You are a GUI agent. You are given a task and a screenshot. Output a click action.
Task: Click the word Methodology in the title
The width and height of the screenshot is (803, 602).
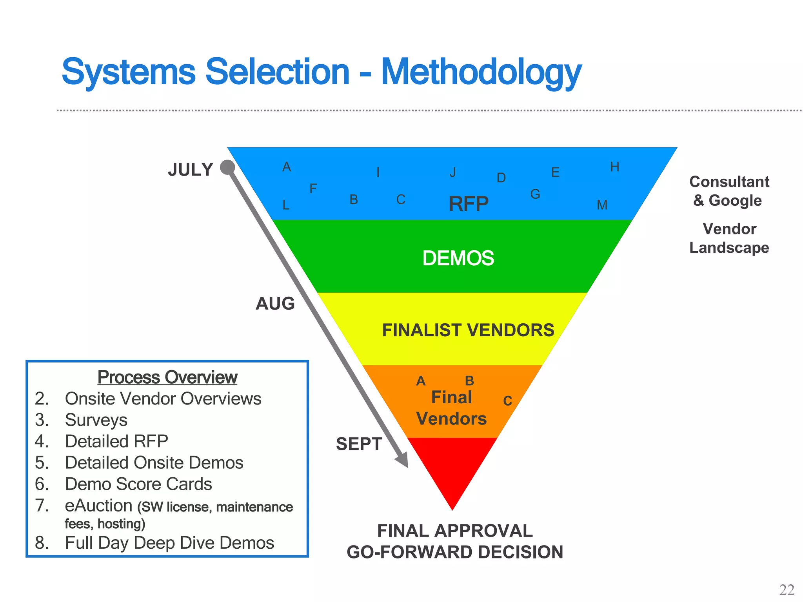coord(481,73)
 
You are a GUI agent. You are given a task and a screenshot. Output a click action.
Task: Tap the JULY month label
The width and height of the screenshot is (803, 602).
coord(191,170)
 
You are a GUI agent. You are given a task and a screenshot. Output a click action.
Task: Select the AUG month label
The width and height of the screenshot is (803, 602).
coord(275,304)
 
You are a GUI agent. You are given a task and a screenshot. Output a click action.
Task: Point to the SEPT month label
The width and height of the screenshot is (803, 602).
coord(359,444)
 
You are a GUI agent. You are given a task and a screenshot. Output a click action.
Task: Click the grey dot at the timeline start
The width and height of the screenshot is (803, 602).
coord(227,167)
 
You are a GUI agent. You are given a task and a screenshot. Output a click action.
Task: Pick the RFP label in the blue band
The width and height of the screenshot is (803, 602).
coord(469,204)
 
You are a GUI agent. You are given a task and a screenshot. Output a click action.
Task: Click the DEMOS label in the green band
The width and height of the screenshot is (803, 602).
coord(458,258)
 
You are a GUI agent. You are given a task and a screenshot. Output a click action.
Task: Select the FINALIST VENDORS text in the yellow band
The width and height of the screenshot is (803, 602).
coord(468,330)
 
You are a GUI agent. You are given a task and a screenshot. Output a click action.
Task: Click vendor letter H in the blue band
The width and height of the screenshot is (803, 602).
coord(614,167)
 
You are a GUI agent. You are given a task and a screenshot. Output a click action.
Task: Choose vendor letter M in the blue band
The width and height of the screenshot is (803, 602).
coord(602,205)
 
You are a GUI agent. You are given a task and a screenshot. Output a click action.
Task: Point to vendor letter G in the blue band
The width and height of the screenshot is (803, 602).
coord(535,194)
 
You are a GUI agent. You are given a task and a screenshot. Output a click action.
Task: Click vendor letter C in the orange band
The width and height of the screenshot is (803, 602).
coord(507,401)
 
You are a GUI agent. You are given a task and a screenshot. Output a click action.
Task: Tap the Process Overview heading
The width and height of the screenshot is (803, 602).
coord(167,377)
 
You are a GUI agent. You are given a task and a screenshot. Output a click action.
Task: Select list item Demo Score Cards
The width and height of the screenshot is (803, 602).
coord(138,484)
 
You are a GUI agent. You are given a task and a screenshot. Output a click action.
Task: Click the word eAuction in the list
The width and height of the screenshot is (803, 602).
coord(98,506)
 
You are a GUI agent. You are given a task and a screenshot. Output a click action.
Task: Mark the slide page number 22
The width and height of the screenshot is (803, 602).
coord(787,589)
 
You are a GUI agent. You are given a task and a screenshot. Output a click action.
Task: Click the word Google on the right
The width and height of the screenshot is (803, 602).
coord(735,201)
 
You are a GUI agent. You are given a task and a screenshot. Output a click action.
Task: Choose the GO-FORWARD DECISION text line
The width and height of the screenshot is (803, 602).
coord(455,552)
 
